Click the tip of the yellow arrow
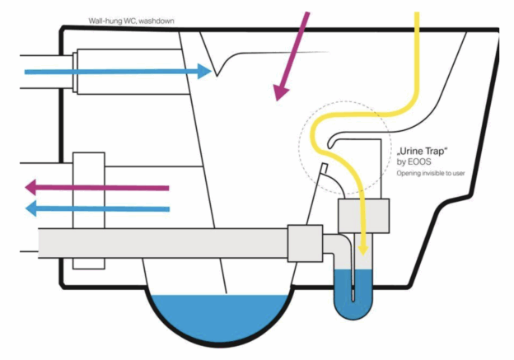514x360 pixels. [x=363, y=255]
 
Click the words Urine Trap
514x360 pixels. [x=423, y=152]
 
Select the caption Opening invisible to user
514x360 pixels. [x=431, y=173]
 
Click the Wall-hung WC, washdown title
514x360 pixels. [x=131, y=21]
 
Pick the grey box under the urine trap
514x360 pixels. [x=364, y=216]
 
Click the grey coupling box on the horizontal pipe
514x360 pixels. [x=305, y=243]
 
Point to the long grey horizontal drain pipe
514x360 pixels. [x=163, y=243]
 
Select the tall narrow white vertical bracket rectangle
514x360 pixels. [x=89, y=211]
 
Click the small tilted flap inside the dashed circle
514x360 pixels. [x=325, y=168]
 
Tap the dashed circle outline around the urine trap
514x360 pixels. [x=299, y=147]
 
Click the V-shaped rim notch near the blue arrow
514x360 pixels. [x=217, y=76]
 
